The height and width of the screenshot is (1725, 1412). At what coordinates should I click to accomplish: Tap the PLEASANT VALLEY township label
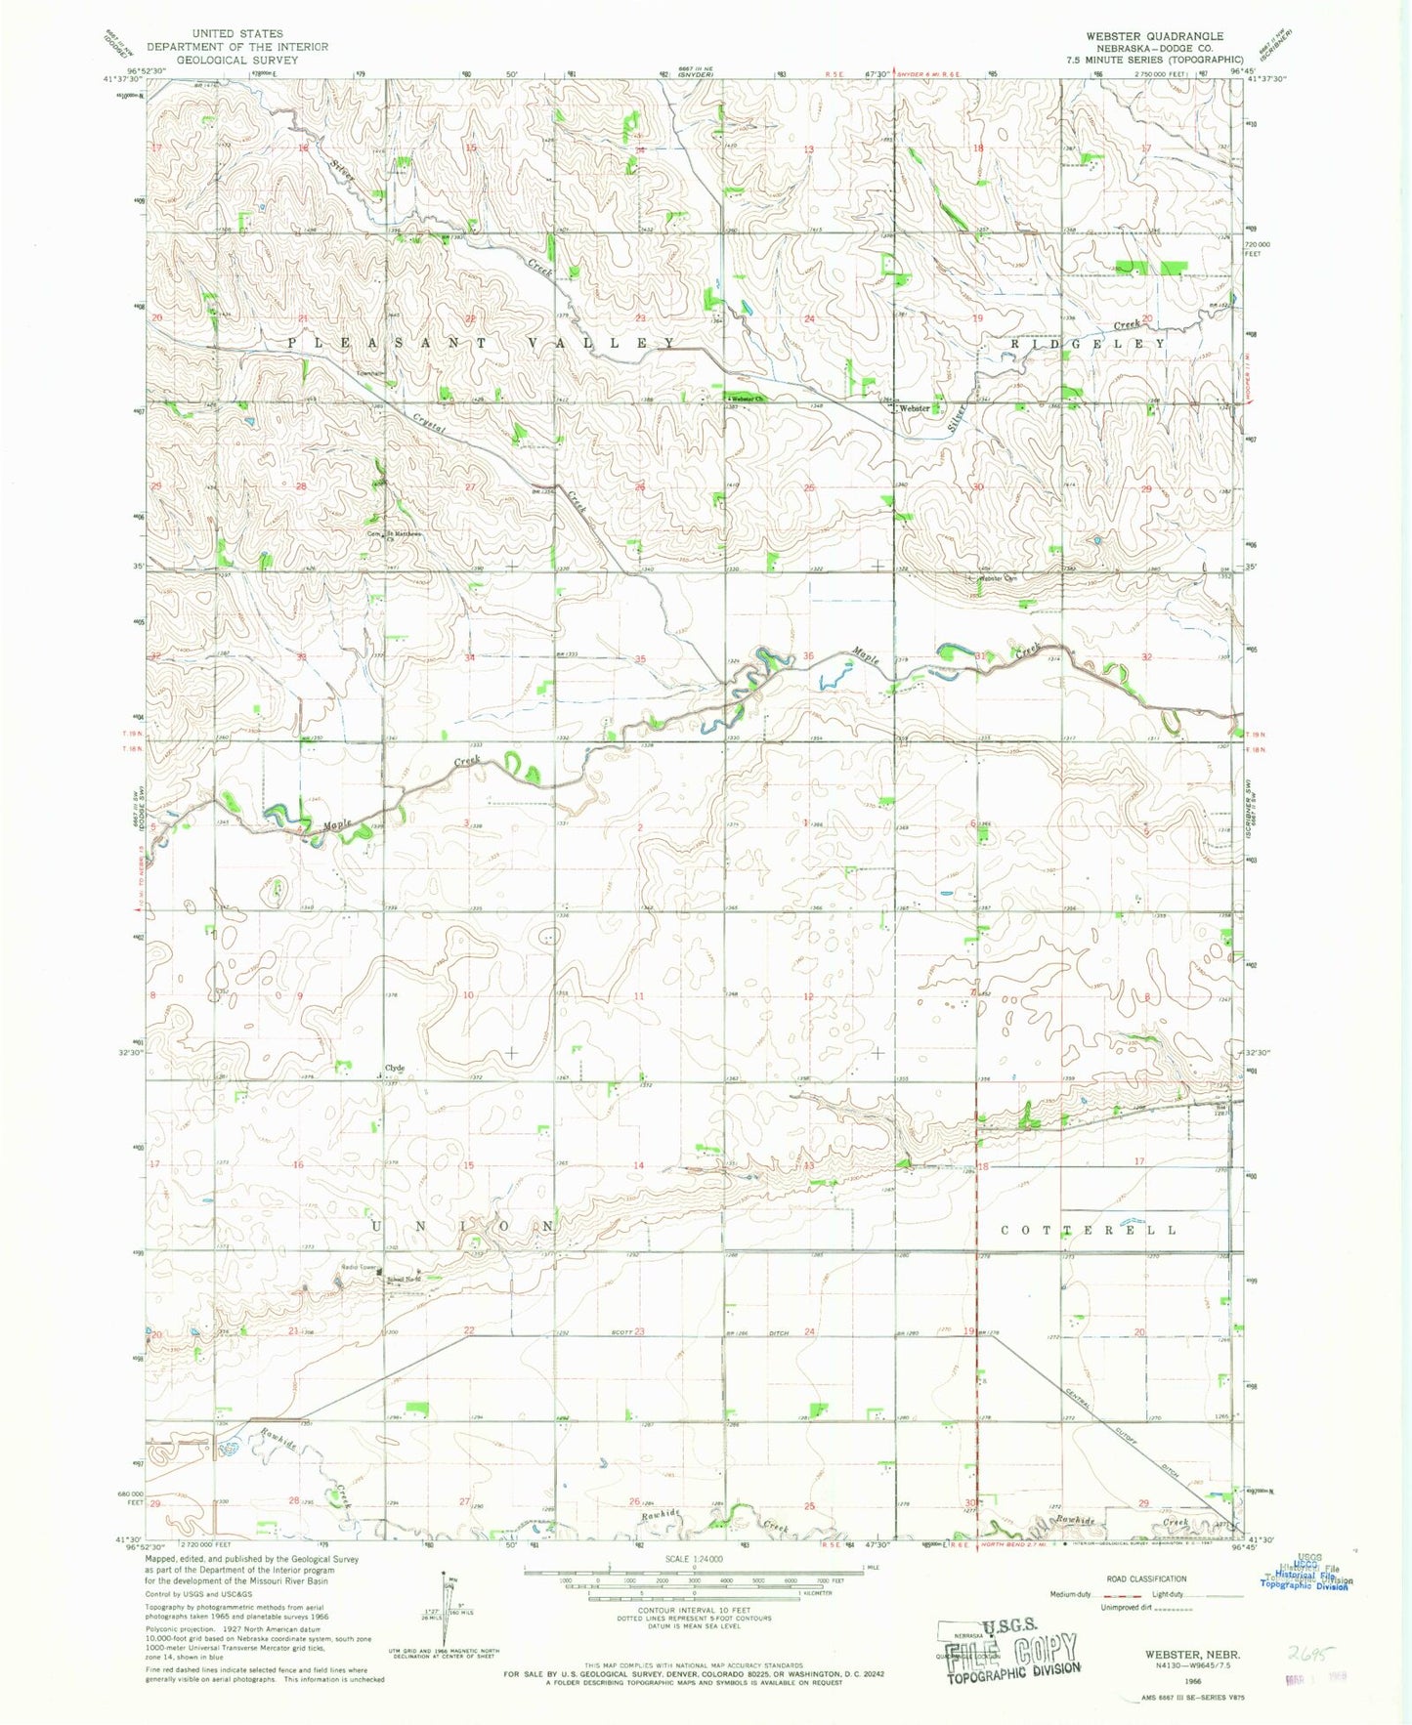click(481, 343)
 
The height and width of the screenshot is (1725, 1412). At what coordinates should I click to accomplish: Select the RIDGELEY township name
click(1088, 344)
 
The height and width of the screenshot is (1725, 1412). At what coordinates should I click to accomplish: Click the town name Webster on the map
click(915, 408)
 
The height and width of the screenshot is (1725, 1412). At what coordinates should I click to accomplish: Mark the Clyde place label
click(395, 1068)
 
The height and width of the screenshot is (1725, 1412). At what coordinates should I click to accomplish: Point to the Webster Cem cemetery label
click(998, 578)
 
